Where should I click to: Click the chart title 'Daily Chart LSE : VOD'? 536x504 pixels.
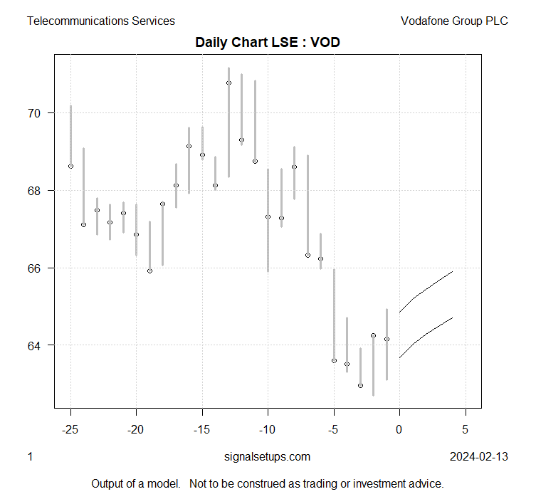tap(268, 42)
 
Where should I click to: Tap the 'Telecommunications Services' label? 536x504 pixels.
tap(100, 21)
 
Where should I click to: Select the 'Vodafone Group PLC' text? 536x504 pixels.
tap(454, 21)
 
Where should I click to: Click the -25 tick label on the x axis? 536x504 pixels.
tap(70, 429)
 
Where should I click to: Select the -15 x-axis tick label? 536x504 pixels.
tap(201, 429)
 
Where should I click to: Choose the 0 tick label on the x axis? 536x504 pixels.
tap(399, 429)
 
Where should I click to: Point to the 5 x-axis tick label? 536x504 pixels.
tap(466, 429)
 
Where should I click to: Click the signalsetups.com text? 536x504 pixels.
tap(267, 456)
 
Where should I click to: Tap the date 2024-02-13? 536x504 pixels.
tap(479, 456)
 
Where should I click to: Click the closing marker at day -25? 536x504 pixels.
tap(70, 166)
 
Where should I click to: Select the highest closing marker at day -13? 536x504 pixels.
tap(228, 83)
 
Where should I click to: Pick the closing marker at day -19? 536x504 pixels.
tap(149, 271)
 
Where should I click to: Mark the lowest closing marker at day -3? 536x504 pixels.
tap(360, 385)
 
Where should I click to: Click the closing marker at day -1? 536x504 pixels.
tap(387, 339)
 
